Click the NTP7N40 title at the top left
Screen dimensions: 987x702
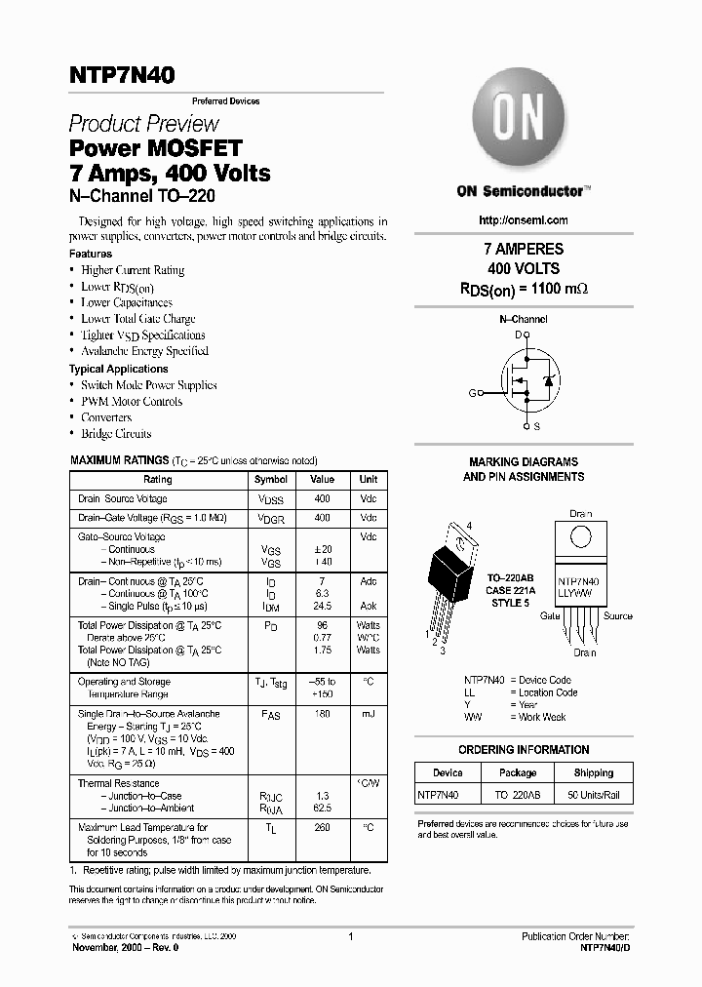(x=122, y=75)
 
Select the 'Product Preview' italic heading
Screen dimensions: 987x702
(x=143, y=124)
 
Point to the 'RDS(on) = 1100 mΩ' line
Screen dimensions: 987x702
(x=524, y=289)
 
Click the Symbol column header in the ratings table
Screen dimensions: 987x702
(x=271, y=480)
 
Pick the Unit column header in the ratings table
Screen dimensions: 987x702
(x=368, y=480)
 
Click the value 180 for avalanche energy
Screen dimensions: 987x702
(x=322, y=714)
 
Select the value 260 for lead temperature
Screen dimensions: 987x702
(x=322, y=828)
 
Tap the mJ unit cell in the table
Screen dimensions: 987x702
(x=368, y=714)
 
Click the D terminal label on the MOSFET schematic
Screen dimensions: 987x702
(x=518, y=335)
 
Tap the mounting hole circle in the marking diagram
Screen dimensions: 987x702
(x=580, y=537)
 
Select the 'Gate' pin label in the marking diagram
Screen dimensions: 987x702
(x=550, y=616)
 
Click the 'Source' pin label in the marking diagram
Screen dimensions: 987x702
(x=617, y=616)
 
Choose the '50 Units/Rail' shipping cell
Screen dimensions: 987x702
(x=593, y=795)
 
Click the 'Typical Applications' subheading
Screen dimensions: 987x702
(x=118, y=369)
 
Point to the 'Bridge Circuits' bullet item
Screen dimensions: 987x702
(x=116, y=434)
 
